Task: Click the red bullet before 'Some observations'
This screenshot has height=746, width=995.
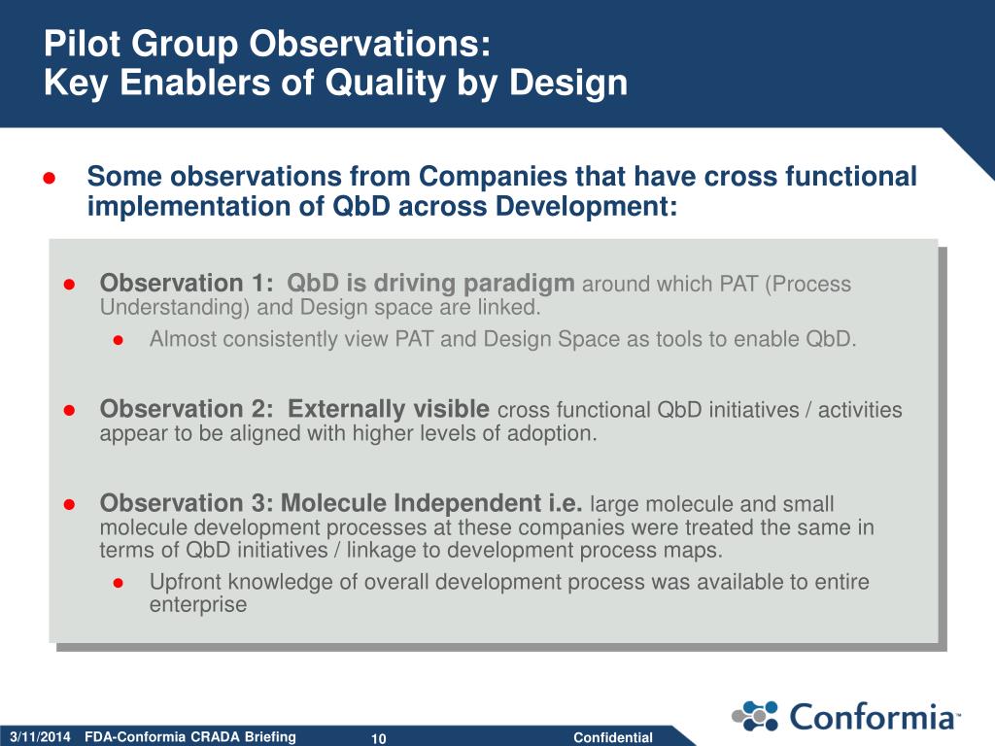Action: (50, 179)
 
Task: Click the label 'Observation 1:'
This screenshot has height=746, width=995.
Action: (187, 283)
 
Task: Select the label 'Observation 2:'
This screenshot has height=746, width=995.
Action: (187, 409)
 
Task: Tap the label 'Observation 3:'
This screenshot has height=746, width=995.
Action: (187, 503)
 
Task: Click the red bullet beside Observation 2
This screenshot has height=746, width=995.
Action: (69, 411)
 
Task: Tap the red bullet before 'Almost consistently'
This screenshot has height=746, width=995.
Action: (118, 341)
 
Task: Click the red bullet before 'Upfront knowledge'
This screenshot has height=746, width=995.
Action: (118, 583)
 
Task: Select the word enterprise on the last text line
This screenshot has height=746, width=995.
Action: (198, 605)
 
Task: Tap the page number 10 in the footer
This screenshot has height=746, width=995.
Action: (378, 738)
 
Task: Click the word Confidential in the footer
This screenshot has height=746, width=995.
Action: (613, 738)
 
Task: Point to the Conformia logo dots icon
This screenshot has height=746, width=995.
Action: (755, 716)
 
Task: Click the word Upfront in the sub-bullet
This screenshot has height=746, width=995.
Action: (186, 583)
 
